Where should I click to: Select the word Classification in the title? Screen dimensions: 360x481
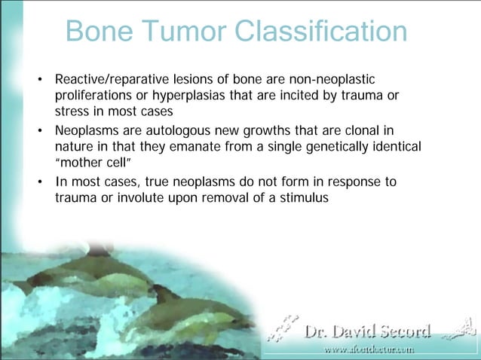click(321, 31)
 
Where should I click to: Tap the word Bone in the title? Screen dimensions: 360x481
click(98, 31)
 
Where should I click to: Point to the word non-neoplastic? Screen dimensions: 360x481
click(331, 80)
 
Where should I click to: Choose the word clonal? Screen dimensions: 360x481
click(369, 130)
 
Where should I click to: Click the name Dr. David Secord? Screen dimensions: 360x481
click(367, 331)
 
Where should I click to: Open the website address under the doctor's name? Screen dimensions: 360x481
click(369, 349)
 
